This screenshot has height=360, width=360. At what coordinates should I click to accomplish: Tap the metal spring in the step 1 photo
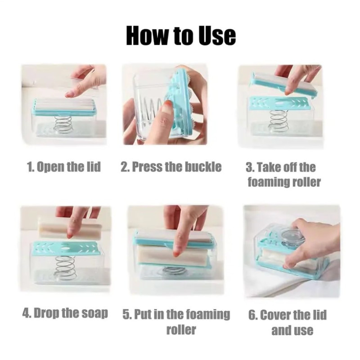(63, 125)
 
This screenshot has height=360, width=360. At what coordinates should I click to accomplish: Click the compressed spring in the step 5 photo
(174, 271)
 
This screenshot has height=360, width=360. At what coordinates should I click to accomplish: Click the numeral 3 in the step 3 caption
(248, 167)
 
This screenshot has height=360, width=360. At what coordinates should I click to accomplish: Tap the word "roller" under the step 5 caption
(181, 330)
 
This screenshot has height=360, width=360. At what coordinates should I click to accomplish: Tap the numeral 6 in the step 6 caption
(252, 315)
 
